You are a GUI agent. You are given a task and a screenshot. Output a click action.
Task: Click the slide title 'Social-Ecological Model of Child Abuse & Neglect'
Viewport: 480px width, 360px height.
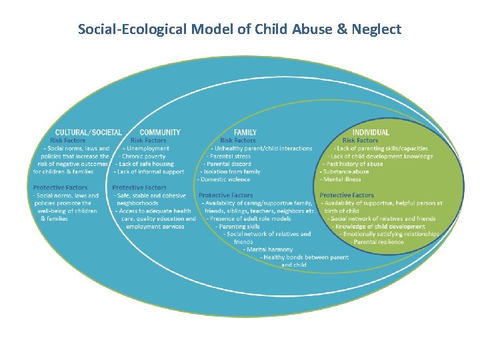(239, 29)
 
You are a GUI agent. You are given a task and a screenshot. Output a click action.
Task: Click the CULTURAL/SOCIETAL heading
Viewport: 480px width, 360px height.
(88, 132)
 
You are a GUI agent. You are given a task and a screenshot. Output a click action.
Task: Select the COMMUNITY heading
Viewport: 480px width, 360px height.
(160, 132)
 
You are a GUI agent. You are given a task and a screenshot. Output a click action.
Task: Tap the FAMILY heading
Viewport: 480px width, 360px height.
(245, 132)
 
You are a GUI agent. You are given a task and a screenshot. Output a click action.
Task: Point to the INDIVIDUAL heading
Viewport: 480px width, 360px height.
(371, 132)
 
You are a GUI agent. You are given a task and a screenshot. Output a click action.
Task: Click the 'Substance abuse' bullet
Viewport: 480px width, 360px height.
(345, 171)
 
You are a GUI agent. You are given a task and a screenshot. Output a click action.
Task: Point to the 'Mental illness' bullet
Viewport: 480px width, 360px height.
(341, 179)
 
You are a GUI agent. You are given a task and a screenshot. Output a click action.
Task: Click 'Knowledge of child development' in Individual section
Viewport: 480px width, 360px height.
(378, 227)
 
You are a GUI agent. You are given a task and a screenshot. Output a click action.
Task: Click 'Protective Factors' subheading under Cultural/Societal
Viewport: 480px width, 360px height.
(60, 187)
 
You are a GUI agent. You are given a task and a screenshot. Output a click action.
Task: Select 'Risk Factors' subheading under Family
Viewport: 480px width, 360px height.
(238, 141)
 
